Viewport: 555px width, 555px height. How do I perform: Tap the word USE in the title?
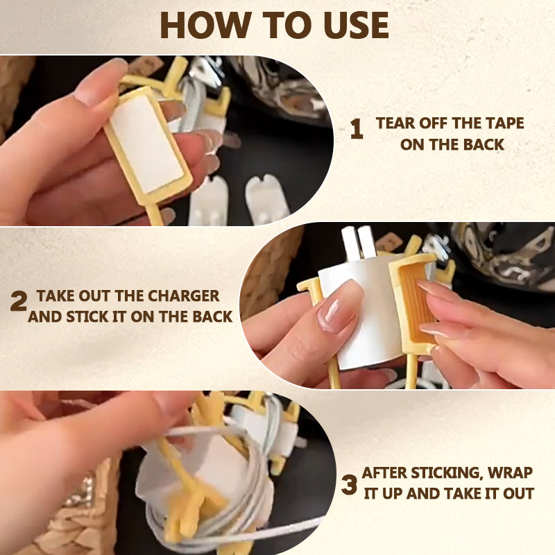[356, 25]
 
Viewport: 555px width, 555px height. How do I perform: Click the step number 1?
[357, 129]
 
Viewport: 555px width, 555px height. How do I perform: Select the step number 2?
[19, 301]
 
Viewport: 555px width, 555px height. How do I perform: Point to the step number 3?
[350, 485]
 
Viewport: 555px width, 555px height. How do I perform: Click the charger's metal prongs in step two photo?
[358, 242]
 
